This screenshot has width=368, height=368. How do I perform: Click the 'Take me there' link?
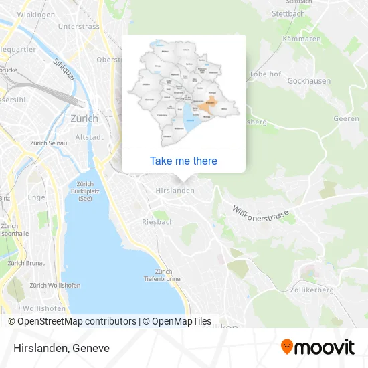click(183, 161)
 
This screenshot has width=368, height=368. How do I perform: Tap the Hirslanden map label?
click(175, 191)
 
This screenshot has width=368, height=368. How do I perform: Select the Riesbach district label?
click(158, 221)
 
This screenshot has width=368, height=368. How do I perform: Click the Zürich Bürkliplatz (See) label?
click(85, 191)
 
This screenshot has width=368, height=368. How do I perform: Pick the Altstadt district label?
click(90, 136)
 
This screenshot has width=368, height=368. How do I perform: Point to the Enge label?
click(37, 197)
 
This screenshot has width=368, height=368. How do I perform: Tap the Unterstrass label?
click(79, 27)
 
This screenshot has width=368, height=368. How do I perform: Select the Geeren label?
click(346, 118)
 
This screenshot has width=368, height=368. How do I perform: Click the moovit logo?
click(317, 347)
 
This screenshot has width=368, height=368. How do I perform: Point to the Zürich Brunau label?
click(27, 263)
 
